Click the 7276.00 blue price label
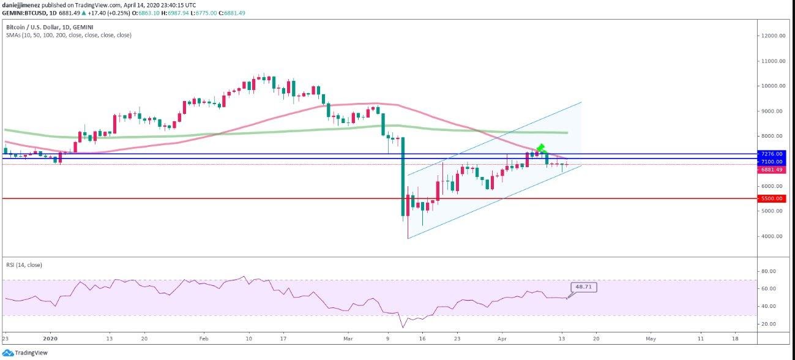tap(772, 154)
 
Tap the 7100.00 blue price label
tap(772, 162)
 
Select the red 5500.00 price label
tap(772, 198)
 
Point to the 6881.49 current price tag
tap(772, 170)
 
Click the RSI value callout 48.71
tap(584, 287)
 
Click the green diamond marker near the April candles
tap(541, 148)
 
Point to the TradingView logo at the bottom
tap(25, 353)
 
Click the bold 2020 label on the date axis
tap(50, 339)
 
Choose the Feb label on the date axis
tap(204, 339)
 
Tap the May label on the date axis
tap(651, 339)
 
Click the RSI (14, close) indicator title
tap(24, 265)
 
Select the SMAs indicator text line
tap(69, 35)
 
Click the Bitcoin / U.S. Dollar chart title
tap(50, 27)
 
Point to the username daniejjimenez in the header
tap(21, 6)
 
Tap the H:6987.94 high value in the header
tap(175, 13)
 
